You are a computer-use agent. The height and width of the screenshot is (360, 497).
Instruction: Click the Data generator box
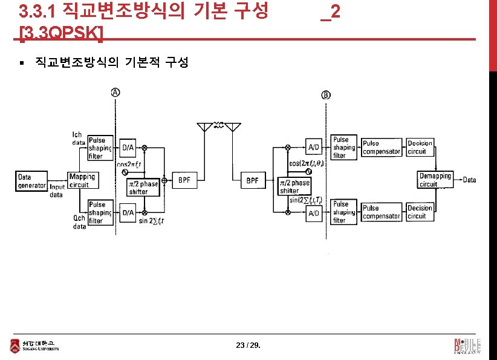[31, 181]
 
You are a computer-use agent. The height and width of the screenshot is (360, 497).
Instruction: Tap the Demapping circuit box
[435, 180]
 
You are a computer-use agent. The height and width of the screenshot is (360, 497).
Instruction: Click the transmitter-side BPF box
[184, 180]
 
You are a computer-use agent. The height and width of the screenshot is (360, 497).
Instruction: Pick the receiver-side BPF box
[252, 180]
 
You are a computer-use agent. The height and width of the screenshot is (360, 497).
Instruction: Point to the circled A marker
[115, 92]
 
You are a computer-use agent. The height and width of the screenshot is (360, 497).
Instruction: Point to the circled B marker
[326, 95]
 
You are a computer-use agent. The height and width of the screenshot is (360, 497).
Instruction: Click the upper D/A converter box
[128, 147]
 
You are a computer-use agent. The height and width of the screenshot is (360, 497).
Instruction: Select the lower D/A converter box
[128, 212]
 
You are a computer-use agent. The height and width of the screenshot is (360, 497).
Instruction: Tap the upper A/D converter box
[314, 147]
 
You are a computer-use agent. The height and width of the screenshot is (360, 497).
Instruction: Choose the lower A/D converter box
[314, 214]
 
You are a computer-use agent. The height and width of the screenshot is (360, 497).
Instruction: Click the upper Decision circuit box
[420, 147]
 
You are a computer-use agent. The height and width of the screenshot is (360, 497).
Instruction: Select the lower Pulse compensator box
[381, 212]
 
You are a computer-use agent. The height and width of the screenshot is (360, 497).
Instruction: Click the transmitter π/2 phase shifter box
[142, 188]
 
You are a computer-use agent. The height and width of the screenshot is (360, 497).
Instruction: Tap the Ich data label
[78, 139]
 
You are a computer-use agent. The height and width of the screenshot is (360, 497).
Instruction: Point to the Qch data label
[79, 223]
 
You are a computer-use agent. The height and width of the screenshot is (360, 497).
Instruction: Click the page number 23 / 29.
[248, 345]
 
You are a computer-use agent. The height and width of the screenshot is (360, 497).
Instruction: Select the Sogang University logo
[34, 345]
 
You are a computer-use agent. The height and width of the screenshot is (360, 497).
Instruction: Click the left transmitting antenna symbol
[205, 126]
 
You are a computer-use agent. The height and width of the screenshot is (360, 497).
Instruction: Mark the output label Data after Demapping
[469, 180]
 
